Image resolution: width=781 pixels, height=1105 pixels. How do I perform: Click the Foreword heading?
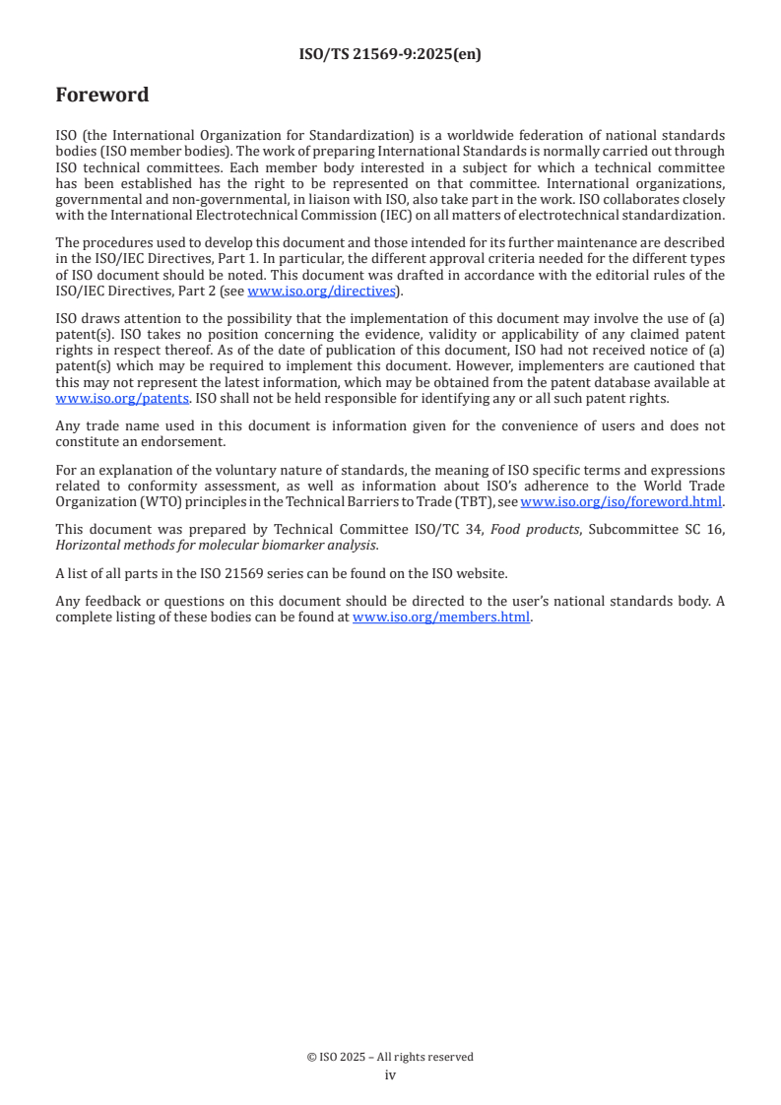point(102,96)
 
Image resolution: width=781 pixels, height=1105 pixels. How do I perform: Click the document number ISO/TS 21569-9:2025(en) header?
point(390,55)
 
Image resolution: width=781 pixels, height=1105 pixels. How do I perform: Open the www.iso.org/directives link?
point(321,291)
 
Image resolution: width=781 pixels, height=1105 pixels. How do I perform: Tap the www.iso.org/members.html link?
point(441,617)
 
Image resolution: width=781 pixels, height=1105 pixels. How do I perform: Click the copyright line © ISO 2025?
point(390,1057)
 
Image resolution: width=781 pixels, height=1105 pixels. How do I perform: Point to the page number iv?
point(390,1074)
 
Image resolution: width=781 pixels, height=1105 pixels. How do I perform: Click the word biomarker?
point(274,545)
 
